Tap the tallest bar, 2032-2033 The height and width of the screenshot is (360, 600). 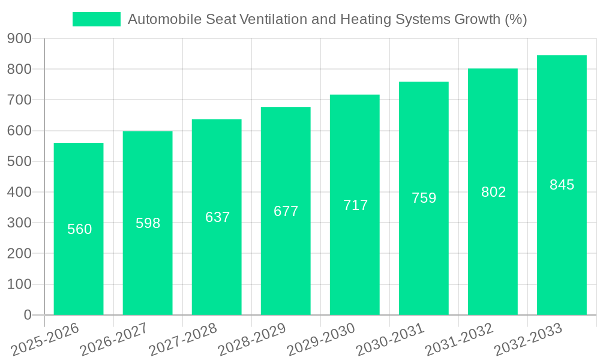point(562,240)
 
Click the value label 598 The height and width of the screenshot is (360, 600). point(148,223)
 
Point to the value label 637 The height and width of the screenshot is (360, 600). point(217,217)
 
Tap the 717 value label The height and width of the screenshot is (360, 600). point(355,205)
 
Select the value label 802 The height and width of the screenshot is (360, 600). point(493,192)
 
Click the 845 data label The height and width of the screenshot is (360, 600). point(562,185)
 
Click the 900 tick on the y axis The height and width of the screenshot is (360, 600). point(19,38)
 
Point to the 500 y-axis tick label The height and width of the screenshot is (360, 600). point(19,161)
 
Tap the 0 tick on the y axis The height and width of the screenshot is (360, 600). point(28,315)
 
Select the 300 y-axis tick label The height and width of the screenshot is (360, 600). point(19,223)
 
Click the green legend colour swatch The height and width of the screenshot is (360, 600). point(96,19)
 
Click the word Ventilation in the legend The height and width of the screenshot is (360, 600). point(274,19)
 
